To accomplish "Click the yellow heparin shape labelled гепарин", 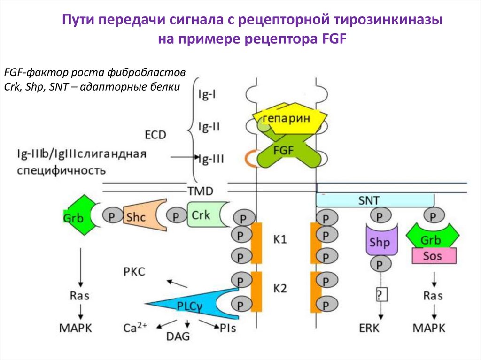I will click(287, 119).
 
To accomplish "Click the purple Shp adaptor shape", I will click(380, 243).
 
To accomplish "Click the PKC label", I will click(134, 271).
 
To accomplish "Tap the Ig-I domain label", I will click(207, 94).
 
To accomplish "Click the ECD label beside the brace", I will click(155, 135).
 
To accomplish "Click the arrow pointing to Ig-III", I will click(186, 157).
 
